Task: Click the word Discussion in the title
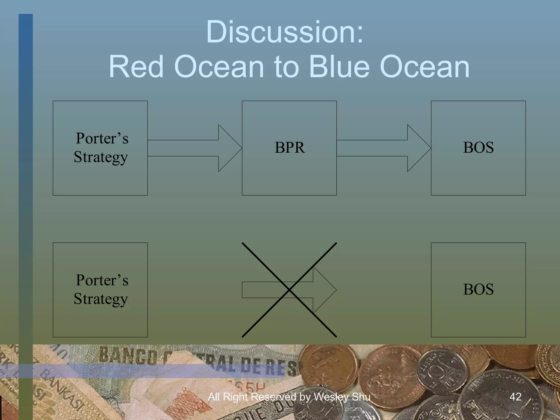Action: [284, 32]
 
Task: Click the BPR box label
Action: [290, 148]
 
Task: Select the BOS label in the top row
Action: [478, 148]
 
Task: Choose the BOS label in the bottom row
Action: [478, 289]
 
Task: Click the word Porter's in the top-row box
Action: [102, 138]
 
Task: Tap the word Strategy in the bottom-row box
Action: [101, 299]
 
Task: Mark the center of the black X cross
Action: [289, 290]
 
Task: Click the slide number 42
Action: [515, 397]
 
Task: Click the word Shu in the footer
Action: [361, 397]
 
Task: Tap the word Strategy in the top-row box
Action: [101, 157]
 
